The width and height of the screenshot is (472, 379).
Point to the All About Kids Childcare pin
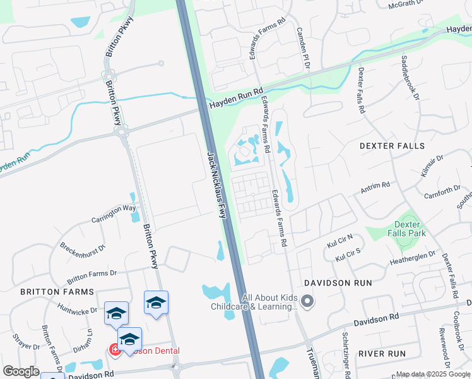pyautogui.click(x=307, y=301)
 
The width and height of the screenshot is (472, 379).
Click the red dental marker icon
pyautogui.click(x=115, y=350)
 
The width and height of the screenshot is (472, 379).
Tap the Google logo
pyautogui.click(x=21, y=371)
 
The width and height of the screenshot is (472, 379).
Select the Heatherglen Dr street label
pyautogui.click(x=413, y=256)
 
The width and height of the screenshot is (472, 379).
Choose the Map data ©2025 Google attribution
pyautogui.click(x=433, y=375)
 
